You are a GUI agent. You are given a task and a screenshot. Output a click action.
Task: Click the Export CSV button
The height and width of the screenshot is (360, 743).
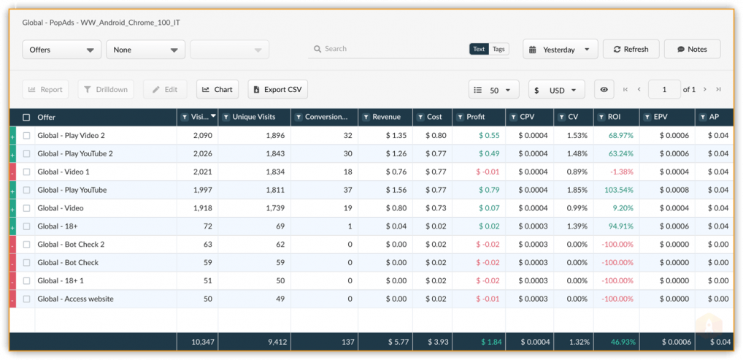pyautogui.click(x=277, y=89)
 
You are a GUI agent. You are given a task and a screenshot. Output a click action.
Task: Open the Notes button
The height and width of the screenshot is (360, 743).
pyautogui.click(x=693, y=50)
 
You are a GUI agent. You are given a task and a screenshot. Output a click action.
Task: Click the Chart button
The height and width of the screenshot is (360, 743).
pyautogui.click(x=217, y=89)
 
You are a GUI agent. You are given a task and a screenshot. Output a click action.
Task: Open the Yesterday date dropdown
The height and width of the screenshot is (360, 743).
pyautogui.click(x=560, y=50)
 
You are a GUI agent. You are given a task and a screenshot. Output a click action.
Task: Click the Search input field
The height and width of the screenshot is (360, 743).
pyautogui.click(x=388, y=49)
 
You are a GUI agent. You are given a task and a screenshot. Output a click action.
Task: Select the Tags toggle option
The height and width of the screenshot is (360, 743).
pyautogui.click(x=498, y=49)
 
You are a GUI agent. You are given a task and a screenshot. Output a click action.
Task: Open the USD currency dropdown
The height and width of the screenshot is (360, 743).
pyautogui.click(x=557, y=90)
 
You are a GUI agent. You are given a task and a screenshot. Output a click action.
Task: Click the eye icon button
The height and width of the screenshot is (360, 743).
pyautogui.click(x=604, y=90)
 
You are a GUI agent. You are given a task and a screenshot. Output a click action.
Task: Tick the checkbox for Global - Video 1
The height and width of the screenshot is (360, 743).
pyautogui.click(x=26, y=172)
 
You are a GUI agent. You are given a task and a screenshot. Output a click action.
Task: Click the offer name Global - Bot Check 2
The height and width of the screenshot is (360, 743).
pyautogui.click(x=71, y=245)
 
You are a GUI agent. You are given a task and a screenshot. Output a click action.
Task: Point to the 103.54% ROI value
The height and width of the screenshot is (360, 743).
pyautogui.click(x=619, y=190)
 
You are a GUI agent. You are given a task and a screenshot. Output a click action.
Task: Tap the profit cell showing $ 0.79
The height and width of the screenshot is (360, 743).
pyautogui.click(x=489, y=190)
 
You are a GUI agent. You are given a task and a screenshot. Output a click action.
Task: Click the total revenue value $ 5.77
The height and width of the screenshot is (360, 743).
pyautogui.click(x=396, y=342)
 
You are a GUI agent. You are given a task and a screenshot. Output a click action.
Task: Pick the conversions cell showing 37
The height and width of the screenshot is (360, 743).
pyautogui.click(x=348, y=190)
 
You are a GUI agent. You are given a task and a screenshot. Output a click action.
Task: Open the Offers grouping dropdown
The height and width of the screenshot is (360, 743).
pyautogui.click(x=61, y=50)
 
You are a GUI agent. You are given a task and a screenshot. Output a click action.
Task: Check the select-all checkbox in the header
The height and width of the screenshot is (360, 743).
pyautogui.click(x=26, y=117)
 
